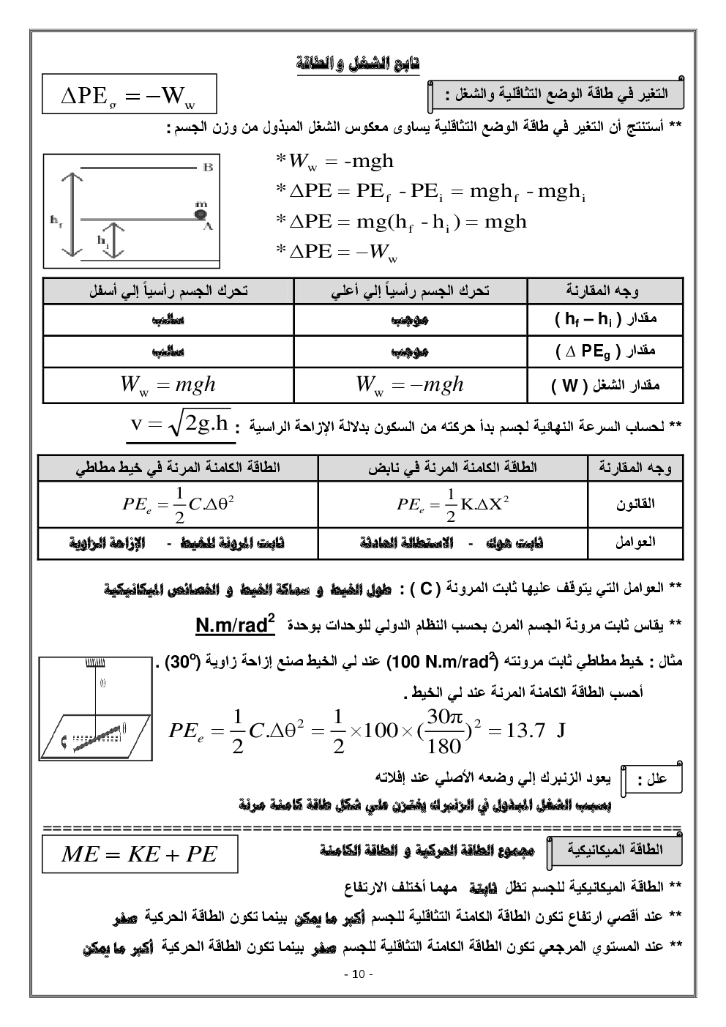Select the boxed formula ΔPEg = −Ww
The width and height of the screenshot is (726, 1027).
tap(129, 95)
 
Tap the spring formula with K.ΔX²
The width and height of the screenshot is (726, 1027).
tap(452, 504)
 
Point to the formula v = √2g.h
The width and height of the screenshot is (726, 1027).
tap(180, 425)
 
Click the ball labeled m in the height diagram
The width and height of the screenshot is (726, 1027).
tap(201, 214)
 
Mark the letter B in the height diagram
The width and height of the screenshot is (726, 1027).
tap(208, 168)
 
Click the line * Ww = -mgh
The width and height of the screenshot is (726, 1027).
tap(334, 161)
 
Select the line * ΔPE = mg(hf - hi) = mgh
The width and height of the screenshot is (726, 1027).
tap(401, 222)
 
